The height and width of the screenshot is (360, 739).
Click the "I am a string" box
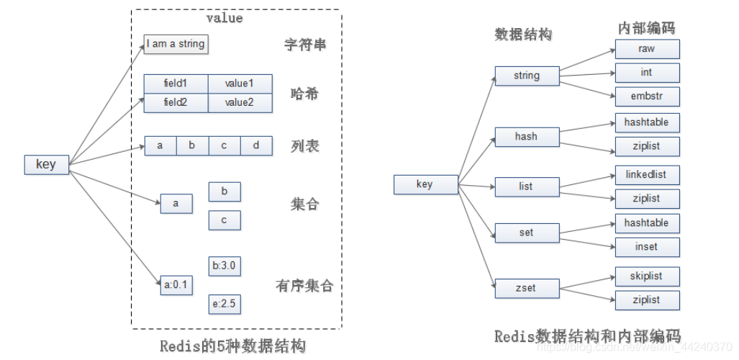[x=176, y=44]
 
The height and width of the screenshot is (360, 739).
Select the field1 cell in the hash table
[x=176, y=84]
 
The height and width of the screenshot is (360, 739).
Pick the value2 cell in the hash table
[x=240, y=103]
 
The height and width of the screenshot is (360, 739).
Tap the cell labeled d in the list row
[x=256, y=145]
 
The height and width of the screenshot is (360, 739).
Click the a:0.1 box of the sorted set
[x=176, y=285]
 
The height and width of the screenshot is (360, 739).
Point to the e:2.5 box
[x=224, y=304]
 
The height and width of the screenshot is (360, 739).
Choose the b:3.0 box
[x=224, y=266]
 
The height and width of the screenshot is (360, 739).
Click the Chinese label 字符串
[x=304, y=45]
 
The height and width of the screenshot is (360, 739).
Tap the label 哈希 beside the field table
[x=304, y=94]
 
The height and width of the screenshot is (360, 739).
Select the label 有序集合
[x=304, y=286]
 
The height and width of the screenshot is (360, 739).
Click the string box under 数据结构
[x=527, y=76]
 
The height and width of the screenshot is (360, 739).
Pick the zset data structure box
[x=527, y=288]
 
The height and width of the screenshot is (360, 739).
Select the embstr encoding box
[x=647, y=96]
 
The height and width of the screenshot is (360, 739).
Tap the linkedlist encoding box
[x=647, y=175]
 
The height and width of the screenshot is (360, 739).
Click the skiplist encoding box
[x=647, y=276]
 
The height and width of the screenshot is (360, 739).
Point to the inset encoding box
[x=647, y=247]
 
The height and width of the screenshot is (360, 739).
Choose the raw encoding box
[x=647, y=49]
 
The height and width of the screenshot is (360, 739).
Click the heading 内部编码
[x=646, y=28]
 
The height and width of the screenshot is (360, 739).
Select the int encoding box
[x=647, y=73]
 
